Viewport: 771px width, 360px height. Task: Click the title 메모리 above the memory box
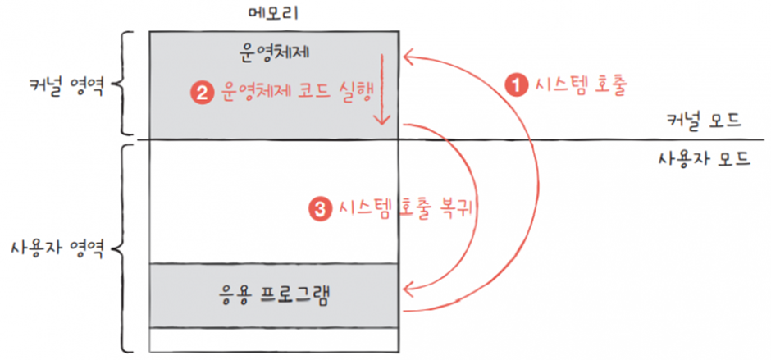tap(274, 14)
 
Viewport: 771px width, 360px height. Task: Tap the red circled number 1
tap(515, 84)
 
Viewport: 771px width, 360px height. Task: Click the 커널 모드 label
tap(705, 121)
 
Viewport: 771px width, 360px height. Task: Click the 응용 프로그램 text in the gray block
tap(274, 294)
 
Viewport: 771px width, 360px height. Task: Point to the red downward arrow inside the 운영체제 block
tap(381, 90)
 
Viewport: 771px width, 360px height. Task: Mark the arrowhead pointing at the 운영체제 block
tap(407, 57)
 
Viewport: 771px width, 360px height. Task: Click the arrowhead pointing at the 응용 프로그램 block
tap(407, 287)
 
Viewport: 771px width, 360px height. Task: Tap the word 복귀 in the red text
tap(458, 208)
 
